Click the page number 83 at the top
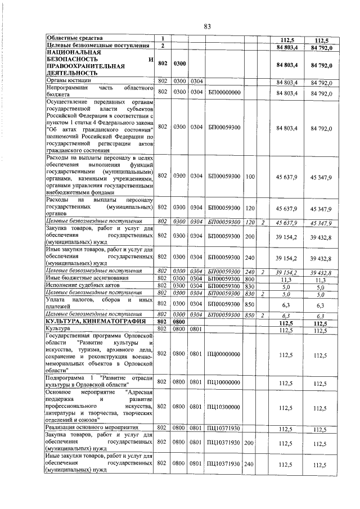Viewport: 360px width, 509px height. pos(207,26)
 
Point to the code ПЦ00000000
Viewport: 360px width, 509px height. pos(224,354)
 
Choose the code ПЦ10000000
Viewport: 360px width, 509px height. pos(224,382)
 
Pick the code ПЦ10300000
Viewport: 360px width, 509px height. pos(224,406)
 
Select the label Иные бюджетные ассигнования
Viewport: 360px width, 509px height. pos(84,278)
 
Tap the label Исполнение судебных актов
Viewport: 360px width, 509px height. pos(82,286)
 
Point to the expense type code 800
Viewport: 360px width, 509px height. pos(250,278)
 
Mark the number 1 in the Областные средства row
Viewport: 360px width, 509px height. pos(162,38)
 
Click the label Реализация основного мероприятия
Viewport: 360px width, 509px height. pos(92,429)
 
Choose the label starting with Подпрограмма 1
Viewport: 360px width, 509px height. pos(100,382)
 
